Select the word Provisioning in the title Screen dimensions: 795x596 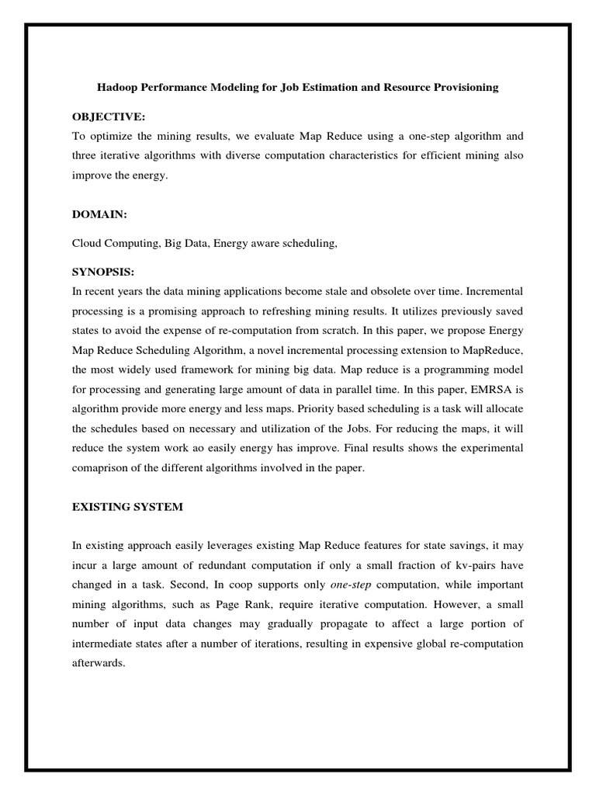459,88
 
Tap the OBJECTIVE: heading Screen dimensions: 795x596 109,116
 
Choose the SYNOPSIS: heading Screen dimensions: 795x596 103,273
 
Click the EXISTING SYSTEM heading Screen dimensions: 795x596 127,507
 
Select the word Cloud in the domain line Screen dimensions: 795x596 88,243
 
